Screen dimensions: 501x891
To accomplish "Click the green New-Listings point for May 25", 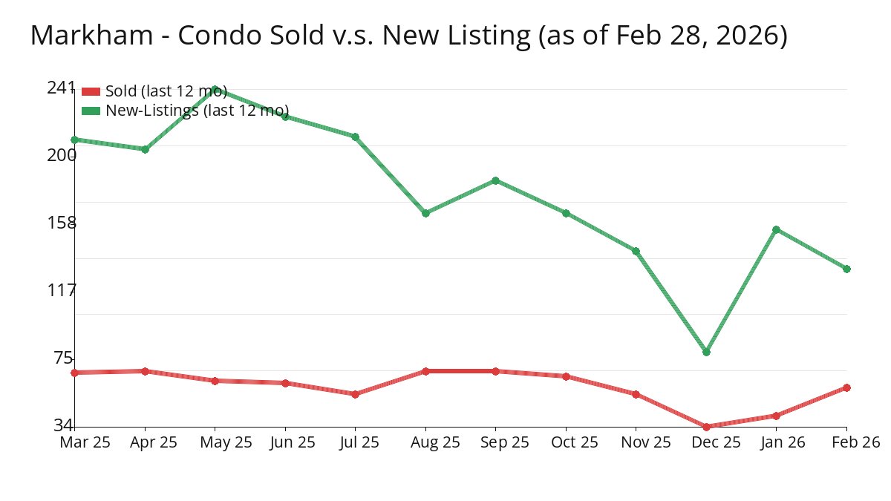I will point(215,90).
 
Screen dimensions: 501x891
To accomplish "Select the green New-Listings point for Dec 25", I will point(706,352).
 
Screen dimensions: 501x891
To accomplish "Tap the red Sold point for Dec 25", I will point(706,427).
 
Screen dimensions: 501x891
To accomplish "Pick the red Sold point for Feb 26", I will point(846,387).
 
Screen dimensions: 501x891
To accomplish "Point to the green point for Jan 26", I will point(776,229).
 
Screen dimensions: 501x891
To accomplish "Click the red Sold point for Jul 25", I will point(355,394).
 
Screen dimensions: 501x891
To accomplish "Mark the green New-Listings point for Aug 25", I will point(425,213).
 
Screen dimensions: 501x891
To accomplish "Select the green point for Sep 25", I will point(495,180).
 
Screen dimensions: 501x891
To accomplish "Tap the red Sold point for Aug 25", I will point(425,371).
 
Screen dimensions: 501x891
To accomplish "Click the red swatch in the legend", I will point(91,91).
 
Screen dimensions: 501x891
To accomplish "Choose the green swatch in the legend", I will point(91,111).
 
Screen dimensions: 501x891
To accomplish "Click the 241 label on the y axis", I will point(61,88).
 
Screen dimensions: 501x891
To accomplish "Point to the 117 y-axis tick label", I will point(61,290).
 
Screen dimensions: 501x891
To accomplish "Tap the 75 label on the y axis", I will point(64,358).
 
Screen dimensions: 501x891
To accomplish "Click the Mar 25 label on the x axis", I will point(85,442).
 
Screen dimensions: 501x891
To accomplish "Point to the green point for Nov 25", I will point(636,251).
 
